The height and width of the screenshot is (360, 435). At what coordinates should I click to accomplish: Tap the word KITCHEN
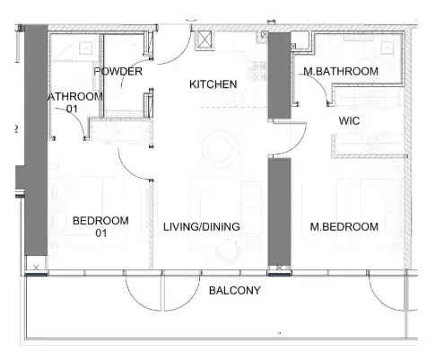point(213,84)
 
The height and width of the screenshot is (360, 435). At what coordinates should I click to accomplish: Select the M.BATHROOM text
point(340,71)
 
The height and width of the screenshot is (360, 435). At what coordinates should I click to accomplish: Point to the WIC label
point(350,120)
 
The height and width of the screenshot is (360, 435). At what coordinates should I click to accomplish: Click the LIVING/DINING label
point(201,227)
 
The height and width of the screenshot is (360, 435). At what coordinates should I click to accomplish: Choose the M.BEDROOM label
point(344,227)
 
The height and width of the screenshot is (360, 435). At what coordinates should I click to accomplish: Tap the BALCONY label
point(234,291)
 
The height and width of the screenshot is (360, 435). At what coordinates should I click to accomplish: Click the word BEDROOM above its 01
point(100,221)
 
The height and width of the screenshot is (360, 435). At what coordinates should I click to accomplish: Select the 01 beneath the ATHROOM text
point(73,109)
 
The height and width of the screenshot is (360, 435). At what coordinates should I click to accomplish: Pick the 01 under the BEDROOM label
point(100,233)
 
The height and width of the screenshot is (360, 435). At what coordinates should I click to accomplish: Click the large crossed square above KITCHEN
point(204,40)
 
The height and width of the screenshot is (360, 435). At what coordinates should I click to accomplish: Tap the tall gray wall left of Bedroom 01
point(36,144)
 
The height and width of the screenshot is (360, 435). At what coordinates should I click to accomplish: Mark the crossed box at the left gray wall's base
point(36,268)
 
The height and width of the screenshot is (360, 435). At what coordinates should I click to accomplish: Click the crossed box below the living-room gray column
point(281,268)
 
